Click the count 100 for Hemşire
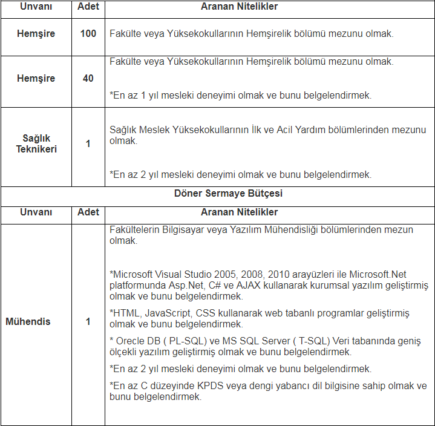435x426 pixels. [88, 33]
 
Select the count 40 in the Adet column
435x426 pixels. [88, 79]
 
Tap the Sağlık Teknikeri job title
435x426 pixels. [36, 144]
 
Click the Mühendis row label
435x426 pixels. [28, 321]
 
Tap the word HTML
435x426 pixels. [126, 313]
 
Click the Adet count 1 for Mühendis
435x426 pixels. [88, 321]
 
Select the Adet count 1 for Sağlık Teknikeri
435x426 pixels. [88, 144]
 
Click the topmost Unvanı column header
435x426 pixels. [36, 7]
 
